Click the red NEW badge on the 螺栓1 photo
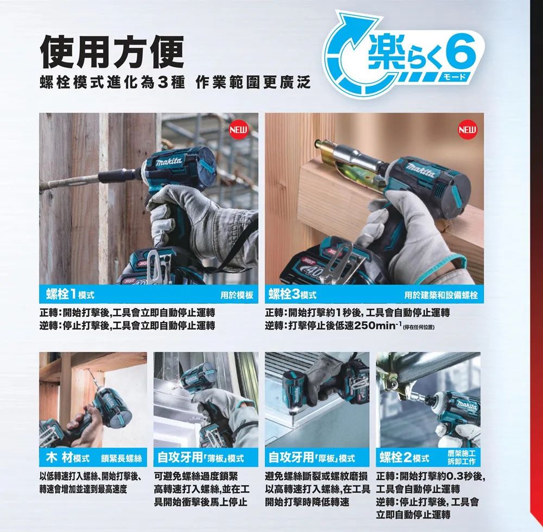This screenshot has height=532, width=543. (238, 130)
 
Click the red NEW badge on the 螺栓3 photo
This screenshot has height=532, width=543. (468, 130)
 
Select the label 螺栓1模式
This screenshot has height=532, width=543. (70, 295)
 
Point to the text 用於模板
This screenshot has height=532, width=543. (237, 295)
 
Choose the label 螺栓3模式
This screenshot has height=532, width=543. (293, 295)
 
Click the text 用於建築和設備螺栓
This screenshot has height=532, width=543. (441, 295)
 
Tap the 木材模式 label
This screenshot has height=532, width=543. (67, 458)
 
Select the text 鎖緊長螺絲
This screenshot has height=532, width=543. (122, 459)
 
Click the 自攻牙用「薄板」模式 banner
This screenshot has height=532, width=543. (200, 458)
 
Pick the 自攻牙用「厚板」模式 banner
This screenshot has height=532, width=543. (312, 458)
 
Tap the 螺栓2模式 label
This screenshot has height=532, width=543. (404, 458)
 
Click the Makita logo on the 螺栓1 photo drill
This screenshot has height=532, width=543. (169, 162)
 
